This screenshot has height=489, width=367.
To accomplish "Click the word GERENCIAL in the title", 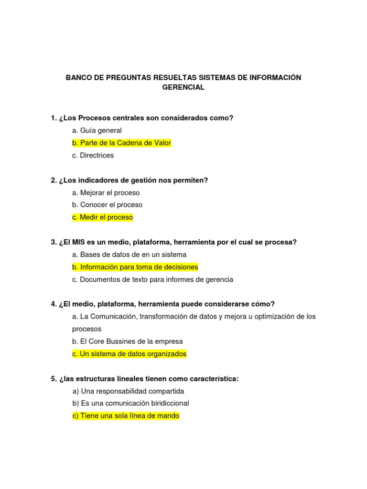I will click(x=183, y=87).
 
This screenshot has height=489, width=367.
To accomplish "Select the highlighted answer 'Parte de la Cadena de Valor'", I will click(x=121, y=143).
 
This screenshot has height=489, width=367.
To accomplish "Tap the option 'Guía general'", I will click(x=97, y=130).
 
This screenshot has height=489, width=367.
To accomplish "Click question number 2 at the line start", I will click(x=54, y=180).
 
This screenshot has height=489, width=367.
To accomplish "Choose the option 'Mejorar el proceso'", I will click(x=106, y=192).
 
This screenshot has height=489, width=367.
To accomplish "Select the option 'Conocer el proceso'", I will click(x=107, y=205).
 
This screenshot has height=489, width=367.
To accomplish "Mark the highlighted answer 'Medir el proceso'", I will click(x=102, y=217).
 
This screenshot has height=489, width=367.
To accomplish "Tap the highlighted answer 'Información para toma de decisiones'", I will click(x=135, y=267).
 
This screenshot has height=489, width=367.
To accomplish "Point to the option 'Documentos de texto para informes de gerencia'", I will click(x=152, y=279).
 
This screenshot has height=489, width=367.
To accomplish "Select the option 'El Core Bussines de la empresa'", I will click(x=128, y=341).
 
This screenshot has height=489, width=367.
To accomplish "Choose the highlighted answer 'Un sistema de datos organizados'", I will click(x=129, y=354).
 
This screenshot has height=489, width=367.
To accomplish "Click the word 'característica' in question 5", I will click(x=213, y=379).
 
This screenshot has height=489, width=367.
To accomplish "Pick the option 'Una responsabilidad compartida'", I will click(x=128, y=391).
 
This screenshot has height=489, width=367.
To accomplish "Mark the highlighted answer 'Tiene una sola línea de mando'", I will click(x=126, y=416).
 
